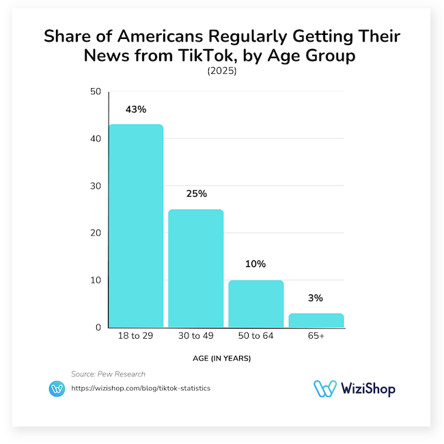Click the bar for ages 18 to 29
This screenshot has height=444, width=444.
[x=136, y=225]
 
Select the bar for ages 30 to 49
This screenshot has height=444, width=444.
[x=196, y=268]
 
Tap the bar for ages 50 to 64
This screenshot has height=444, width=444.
[x=255, y=303]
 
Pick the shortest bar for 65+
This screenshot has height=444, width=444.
[x=316, y=320]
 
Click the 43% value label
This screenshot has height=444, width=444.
[x=136, y=110]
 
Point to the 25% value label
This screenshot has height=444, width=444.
[x=196, y=194]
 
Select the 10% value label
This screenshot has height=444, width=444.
[x=255, y=264]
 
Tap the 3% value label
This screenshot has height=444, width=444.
[x=316, y=298]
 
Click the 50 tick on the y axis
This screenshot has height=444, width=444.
[x=96, y=92]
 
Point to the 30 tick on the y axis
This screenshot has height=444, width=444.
[x=96, y=186]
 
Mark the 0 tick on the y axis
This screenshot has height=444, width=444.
[x=98, y=328]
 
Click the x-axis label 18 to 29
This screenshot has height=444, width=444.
[x=136, y=336]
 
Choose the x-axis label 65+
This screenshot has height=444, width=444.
[x=316, y=336]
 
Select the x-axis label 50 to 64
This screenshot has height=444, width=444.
[x=255, y=336]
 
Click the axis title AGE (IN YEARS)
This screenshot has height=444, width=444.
[x=222, y=358]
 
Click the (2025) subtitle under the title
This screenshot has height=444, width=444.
[x=221, y=71]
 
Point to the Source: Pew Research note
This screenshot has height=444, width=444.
[x=108, y=374]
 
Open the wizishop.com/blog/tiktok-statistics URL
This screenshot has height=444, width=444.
[x=141, y=388]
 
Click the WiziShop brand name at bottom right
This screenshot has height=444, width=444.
[x=366, y=388]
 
